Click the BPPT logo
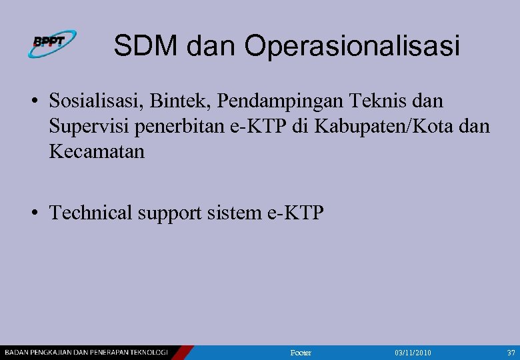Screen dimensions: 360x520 52,44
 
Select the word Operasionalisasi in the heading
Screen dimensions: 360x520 352,47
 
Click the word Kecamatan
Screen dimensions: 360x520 96,151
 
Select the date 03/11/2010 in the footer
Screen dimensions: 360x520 413,352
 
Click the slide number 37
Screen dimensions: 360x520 511,352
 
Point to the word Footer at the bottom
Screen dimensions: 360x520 301,352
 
